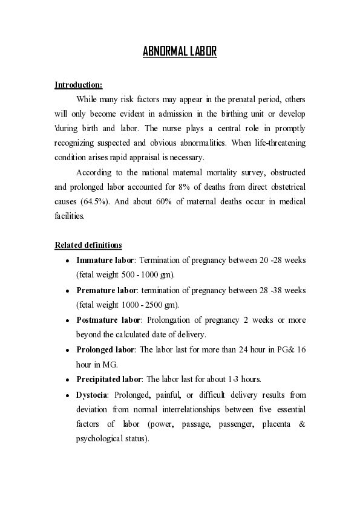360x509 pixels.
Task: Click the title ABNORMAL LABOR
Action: (180, 52)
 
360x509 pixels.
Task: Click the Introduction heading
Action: (78, 84)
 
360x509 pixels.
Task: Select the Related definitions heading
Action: (88, 245)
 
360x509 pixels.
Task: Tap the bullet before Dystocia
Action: (67, 395)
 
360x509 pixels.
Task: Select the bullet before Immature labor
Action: (67, 261)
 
